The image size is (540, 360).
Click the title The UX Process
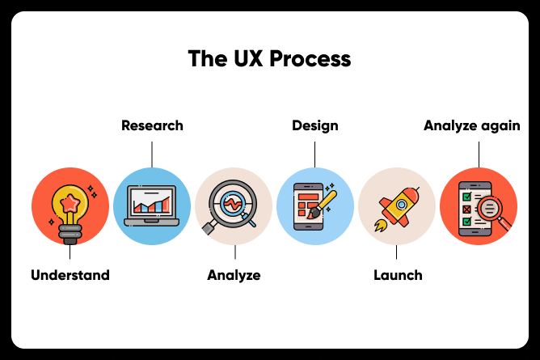point(270,58)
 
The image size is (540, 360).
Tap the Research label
point(152,125)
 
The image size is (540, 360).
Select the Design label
point(315,126)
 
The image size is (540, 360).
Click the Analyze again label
point(472,126)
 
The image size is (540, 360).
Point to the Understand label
point(70,275)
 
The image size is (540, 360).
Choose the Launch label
point(398,275)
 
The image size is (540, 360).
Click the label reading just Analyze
point(234,276)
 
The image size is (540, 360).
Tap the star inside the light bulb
point(70,203)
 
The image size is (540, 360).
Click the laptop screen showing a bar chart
point(151,201)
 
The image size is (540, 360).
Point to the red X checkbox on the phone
point(466,210)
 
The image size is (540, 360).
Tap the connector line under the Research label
point(152,155)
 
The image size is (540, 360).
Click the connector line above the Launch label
point(396,252)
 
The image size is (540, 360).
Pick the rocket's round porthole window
point(401,205)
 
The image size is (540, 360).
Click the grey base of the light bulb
point(70,235)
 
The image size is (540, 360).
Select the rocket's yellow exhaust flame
point(381,226)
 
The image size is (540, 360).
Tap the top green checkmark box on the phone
point(466,197)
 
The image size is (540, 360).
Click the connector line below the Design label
point(314,155)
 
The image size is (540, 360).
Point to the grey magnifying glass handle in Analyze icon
point(209,228)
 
